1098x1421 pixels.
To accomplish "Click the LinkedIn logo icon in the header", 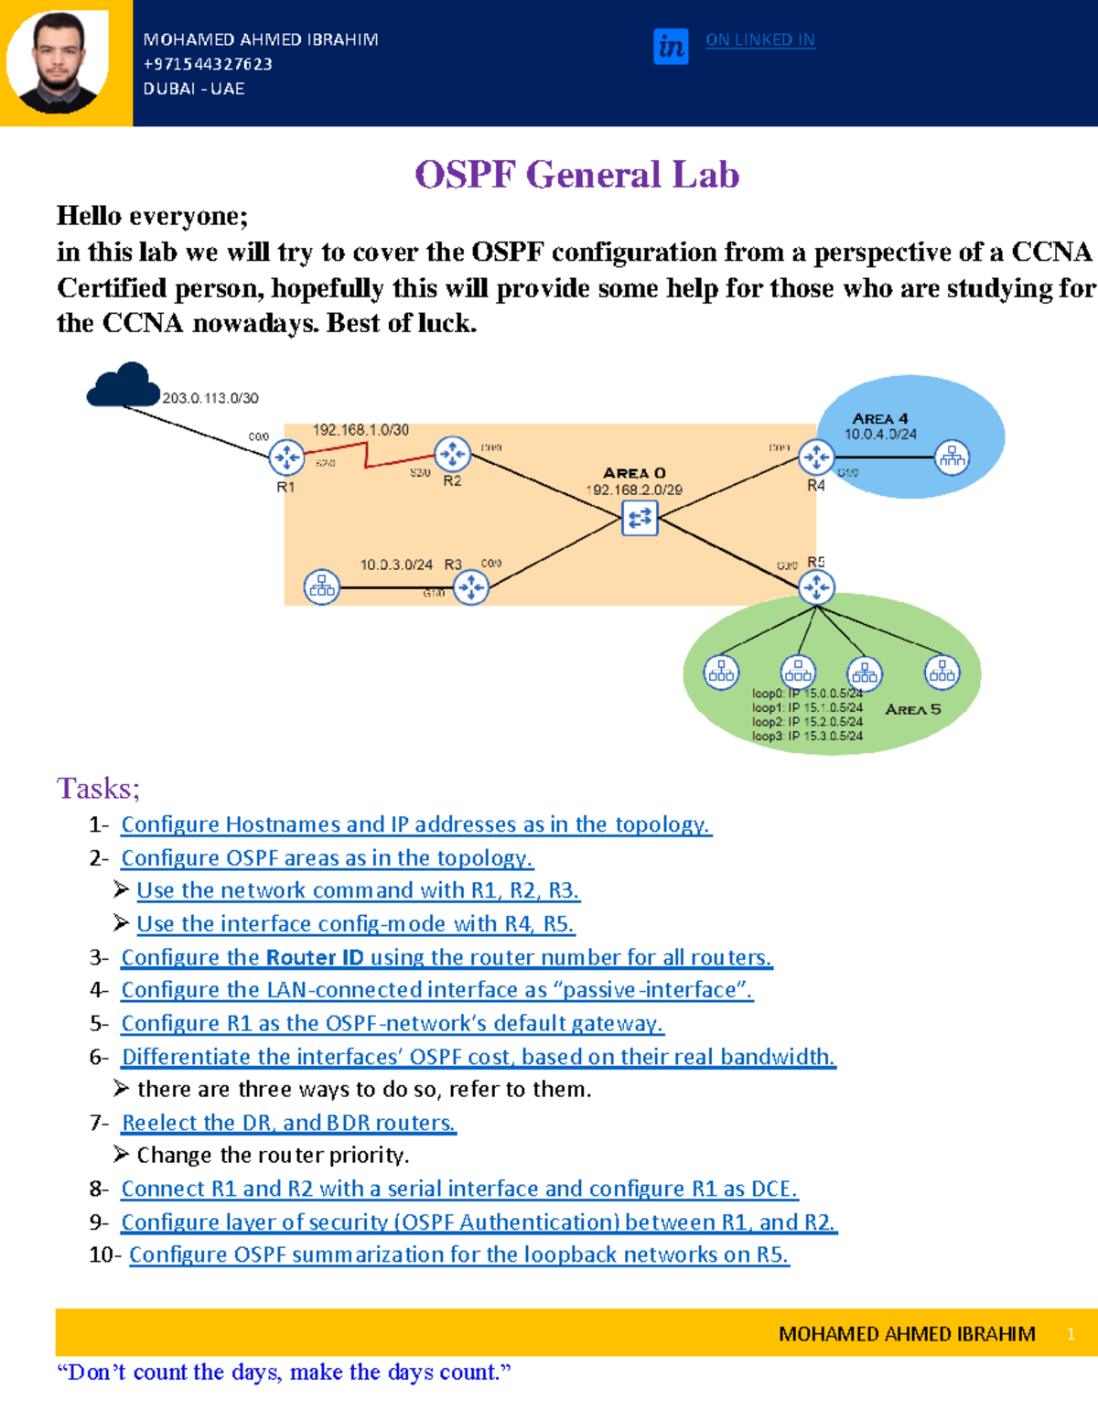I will click(671, 46).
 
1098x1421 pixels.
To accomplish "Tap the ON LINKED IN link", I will click(759, 40).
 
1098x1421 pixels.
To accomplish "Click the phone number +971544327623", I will click(208, 64).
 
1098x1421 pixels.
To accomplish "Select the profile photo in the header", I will click(58, 62).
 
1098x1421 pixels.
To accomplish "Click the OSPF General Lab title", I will click(576, 175).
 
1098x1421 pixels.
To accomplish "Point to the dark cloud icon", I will click(124, 385).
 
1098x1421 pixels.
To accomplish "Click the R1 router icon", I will click(286, 458).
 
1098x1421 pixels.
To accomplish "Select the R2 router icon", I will click(452, 453).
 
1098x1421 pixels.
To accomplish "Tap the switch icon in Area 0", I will click(640, 518).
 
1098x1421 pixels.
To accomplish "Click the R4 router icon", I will click(815, 457).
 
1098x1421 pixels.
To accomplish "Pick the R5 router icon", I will click(816, 587).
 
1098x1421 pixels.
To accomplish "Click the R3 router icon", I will click(471, 587).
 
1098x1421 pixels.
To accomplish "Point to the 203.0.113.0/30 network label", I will click(210, 399).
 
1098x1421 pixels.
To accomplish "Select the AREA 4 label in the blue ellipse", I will click(879, 418).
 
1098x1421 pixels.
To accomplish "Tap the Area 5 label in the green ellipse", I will click(912, 710).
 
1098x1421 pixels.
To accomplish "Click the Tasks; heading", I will click(98, 788).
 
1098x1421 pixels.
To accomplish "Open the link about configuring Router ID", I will click(447, 957).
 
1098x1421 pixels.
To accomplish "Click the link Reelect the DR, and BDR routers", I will click(288, 1123).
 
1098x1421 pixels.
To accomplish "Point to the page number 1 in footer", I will click(1071, 1334).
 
